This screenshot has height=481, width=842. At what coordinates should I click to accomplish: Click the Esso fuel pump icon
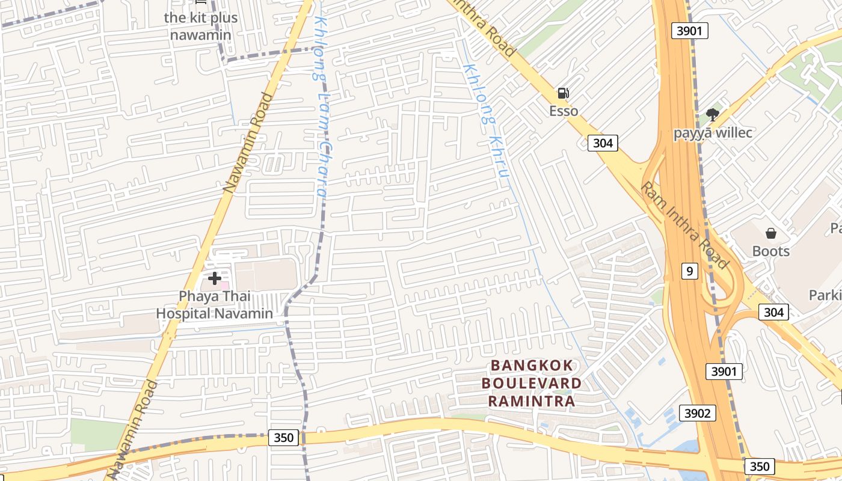563,93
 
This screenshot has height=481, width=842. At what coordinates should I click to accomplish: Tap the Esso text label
564,111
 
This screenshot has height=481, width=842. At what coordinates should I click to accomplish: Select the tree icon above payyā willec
713,114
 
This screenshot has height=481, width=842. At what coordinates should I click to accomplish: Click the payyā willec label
713,132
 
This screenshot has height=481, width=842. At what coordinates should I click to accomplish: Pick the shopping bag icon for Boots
770,233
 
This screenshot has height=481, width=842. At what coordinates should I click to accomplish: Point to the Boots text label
770,251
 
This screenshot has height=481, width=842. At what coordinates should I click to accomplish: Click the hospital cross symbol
214,278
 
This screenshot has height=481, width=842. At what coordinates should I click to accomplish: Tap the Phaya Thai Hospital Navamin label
214,305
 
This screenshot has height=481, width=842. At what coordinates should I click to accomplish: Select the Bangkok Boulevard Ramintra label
532,383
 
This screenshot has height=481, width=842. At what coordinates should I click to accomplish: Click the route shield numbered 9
689,271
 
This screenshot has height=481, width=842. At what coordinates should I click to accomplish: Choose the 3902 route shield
698,413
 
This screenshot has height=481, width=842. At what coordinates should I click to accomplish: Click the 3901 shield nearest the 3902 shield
724,372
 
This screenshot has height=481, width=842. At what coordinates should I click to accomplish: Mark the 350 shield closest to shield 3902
759,466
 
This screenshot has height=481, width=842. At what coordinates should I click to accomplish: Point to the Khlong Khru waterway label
488,120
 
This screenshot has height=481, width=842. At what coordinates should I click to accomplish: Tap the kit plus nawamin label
200,26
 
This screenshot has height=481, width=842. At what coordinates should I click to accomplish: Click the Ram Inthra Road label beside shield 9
684,225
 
